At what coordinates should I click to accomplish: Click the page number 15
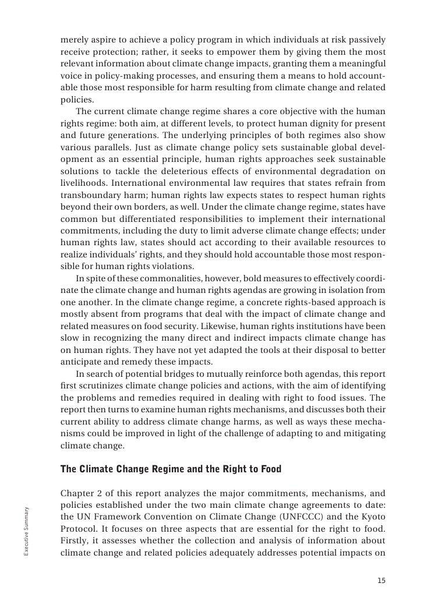[x=381, y=580]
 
